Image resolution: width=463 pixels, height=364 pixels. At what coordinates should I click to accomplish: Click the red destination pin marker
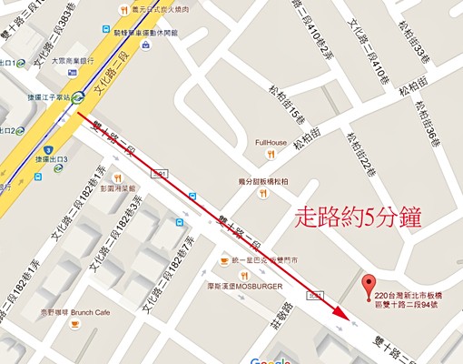[368, 283]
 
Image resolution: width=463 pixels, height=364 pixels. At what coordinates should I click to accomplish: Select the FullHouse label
[271, 142]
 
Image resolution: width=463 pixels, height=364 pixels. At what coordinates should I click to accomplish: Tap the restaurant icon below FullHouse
[263, 192]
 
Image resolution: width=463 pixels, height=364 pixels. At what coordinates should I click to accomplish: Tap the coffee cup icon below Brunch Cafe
[81, 322]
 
